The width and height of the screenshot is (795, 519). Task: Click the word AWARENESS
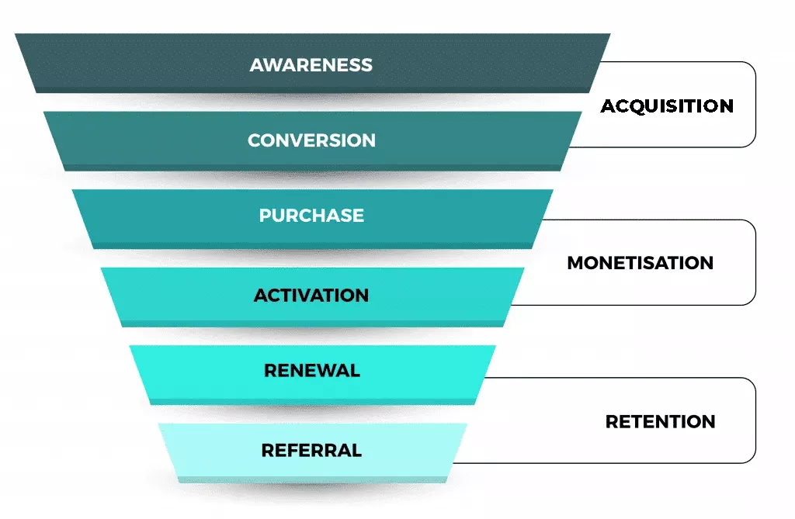(x=311, y=65)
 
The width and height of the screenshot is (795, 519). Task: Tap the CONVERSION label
(x=311, y=140)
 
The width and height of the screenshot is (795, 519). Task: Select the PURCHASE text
(x=311, y=216)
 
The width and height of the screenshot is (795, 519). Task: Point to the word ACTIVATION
(x=311, y=296)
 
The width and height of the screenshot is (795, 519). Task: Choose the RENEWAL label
(x=312, y=371)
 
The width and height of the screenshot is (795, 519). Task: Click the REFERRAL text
(x=311, y=450)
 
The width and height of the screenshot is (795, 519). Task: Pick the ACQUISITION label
(x=667, y=106)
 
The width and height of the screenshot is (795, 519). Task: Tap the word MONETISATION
(x=640, y=263)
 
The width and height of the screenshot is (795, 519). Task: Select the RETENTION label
(x=660, y=422)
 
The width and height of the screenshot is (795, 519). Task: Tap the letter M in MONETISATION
(x=577, y=263)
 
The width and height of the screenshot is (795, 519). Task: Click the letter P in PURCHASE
(x=266, y=216)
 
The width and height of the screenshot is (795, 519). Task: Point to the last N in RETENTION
(x=708, y=422)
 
